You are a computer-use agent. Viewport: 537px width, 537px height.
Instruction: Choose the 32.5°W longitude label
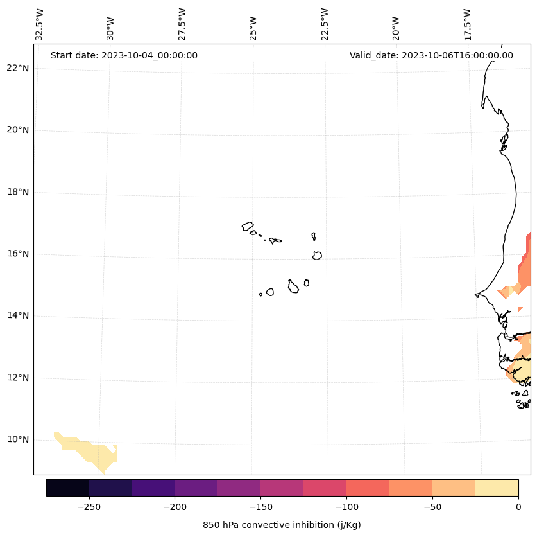tap(40, 24)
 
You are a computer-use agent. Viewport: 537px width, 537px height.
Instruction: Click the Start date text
tap(124, 55)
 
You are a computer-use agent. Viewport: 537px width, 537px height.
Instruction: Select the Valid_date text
tap(431, 55)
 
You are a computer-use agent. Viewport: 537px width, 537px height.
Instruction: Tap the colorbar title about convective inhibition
tap(282, 525)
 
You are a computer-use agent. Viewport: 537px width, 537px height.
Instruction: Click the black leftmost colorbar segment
tap(67, 488)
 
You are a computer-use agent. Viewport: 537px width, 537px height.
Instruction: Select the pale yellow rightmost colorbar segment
tap(497, 488)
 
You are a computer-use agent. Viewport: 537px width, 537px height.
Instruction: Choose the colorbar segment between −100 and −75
tap(368, 488)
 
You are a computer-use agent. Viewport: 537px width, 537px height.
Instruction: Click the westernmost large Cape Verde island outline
tap(248, 226)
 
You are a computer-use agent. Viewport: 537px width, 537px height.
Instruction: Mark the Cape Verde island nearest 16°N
tap(317, 255)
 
